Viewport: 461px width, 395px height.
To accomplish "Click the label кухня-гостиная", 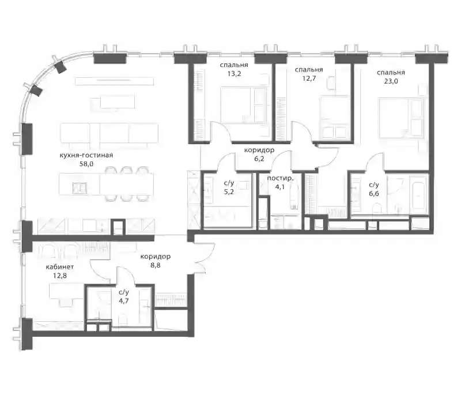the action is pyautogui.click(x=86, y=155).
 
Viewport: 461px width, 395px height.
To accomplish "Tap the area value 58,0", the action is pyautogui.click(x=86, y=164).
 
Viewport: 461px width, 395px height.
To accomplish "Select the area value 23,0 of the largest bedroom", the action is pyautogui.click(x=391, y=81).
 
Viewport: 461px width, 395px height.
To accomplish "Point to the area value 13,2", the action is pyautogui.click(x=234, y=74).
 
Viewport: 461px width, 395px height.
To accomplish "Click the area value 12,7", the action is pyautogui.click(x=309, y=78).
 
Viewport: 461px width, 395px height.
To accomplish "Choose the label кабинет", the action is pyautogui.click(x=60, y=267).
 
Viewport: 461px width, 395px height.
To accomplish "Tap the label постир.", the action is pyautogui.click(x=279, y=178).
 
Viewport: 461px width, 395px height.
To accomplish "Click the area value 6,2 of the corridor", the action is pyautogui.click(x=259, y=159).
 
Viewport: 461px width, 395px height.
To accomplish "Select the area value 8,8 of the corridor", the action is pyautogui.click(x=155, y=265).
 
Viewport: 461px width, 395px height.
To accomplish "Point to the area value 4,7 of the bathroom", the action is pyautogui.click(x=124, y=301).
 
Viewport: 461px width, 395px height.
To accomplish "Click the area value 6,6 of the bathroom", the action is pyautogui.click(x=374, y=194).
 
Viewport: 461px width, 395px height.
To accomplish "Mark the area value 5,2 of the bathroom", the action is pyautogui.click(x=229, y=192).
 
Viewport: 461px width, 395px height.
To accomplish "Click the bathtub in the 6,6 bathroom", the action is pyautogui.click(x=418, y=194).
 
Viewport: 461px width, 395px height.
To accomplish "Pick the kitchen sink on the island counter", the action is pyautogui.click(x=80, y=188).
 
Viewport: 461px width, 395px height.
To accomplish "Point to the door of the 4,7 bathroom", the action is pyautogui.click(x=126, y=276).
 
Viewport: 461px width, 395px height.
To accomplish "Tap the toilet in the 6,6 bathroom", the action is pyautogui.click(x=377, y=210).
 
